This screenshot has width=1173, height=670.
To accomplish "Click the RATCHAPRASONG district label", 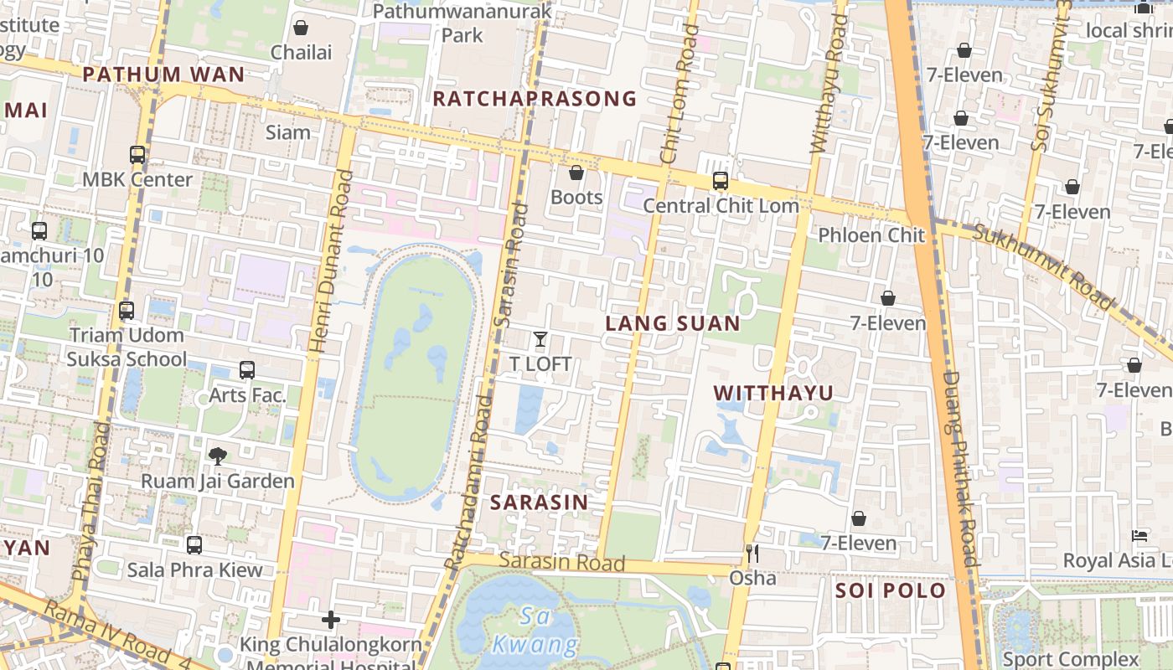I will pos(535,99).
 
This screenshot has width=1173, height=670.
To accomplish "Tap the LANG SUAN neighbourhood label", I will pos(673,323).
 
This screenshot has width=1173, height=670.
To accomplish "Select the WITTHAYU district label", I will pos(773,393).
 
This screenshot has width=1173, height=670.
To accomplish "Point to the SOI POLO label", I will pos(890,590).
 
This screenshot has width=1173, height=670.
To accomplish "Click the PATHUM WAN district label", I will pos(164,75).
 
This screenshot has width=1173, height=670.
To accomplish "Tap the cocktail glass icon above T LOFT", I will pos(540,339).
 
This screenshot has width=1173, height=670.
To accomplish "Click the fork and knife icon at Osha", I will pos(752,553).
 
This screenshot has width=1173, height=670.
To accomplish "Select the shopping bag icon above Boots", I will pos(576,173).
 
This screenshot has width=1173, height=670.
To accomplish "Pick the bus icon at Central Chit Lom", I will pos(720,180).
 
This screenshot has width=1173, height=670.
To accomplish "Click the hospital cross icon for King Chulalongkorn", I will pos(331,620).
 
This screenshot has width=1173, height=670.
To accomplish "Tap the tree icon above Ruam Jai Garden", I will pos(218,456).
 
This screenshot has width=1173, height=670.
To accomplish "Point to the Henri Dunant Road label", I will pos(330,260).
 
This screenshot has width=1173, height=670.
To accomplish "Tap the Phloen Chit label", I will pos(871,235).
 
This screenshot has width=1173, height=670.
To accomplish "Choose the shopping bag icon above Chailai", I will pos(301,28).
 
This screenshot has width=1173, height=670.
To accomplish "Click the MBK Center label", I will pos(137,179).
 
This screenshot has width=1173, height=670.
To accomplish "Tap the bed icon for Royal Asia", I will pos(1139,536).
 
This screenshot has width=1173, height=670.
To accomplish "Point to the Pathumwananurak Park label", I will pos(462,23).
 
